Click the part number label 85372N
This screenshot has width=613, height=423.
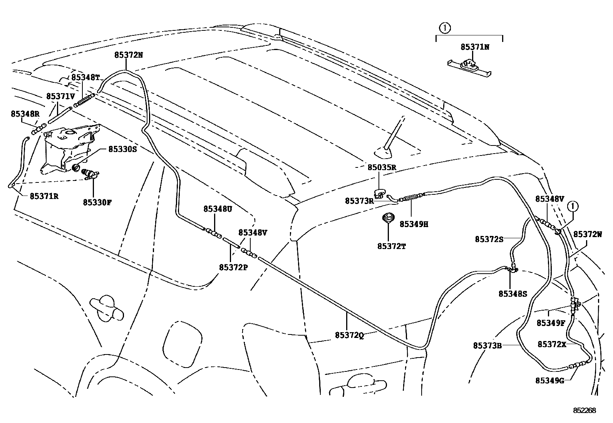[x=128, y=55]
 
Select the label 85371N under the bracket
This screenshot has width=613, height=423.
[x=475, y=47]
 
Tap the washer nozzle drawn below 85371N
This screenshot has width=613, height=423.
[x=469, y=66]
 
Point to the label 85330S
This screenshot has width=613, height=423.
[x=122, y=149]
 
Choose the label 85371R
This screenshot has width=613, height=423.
[x=44, y=196]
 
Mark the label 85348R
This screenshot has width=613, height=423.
[x=25, y=114]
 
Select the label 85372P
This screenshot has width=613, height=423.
[x=233, y=267]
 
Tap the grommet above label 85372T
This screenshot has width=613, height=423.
[x=388, y=218]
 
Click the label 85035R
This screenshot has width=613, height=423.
[x=382, y=167]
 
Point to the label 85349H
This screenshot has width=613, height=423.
[x=414, y=224]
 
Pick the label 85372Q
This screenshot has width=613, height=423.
[x=349, y=335]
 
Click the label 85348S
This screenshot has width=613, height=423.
[x=513, y=294]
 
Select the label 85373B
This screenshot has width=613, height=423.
[x=487, y=346]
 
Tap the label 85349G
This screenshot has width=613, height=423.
[x=549, y=380]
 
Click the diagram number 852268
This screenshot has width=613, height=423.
[x=584, y=411]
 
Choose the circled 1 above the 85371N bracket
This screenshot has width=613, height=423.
[x=445, y=28]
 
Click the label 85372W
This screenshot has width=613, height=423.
[x=588, y=234]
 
